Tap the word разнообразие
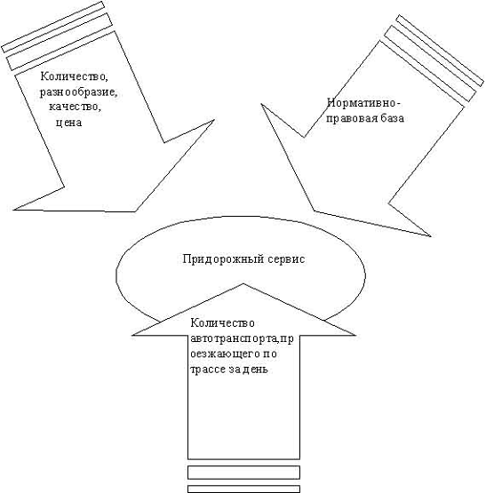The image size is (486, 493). coord(78,92)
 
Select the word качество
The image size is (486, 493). coord(75,107)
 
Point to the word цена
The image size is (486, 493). coord(69,123)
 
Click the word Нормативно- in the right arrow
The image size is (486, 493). coord(364,103)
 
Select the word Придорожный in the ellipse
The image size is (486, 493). coord(223,259)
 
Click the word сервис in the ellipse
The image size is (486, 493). coord(286,259)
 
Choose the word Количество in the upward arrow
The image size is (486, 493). coord(222,323)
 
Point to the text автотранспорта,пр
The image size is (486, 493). coord(242,339)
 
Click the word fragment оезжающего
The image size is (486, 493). coord(225,354)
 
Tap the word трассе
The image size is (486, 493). coord(208,370)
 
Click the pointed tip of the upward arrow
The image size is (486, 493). coord(243,283)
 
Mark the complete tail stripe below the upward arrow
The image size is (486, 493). coord(243,473)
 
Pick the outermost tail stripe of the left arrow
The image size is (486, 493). coord(52,27)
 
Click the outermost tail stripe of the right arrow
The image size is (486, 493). coord(440,51)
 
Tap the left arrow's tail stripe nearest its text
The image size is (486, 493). coord(60,41)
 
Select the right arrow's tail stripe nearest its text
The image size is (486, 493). coord(430,63)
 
